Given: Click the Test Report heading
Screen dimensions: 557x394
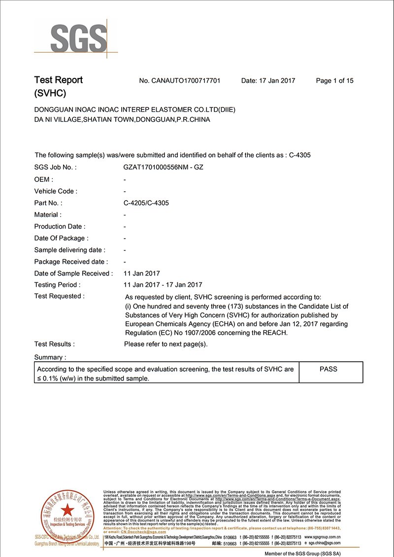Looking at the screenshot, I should tap(58, 80).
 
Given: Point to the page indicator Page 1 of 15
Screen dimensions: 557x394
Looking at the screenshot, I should tap(334, 81).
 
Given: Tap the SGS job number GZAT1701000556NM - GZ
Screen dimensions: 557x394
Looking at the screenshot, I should tap(163, 167).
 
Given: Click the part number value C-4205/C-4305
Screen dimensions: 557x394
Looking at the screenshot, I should tap(146, 203).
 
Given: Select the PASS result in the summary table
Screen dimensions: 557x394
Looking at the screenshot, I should tap(328, 369).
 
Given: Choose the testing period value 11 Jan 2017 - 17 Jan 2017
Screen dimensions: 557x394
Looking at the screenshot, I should tap(163, 285).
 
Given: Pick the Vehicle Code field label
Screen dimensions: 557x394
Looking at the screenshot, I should tap(56, 191).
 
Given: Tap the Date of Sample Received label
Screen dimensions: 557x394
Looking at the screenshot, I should tap(73, 273).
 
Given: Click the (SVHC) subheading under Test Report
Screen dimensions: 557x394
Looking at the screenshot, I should tap(50, 93).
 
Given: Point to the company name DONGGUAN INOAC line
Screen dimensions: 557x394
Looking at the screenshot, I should tap(134, 109).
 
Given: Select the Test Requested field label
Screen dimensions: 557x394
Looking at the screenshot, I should tap(59, 296).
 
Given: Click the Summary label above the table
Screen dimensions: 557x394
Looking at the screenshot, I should tap(50, 357).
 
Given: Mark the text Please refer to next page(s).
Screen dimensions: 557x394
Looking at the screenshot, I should tap(165, 344).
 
